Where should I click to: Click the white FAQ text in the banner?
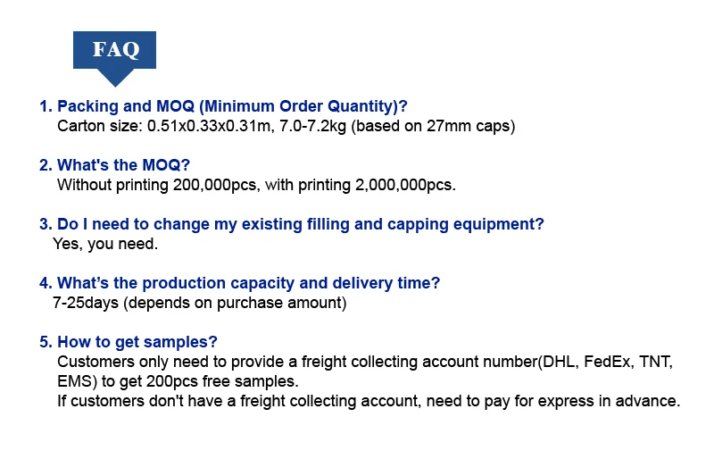(116, 49)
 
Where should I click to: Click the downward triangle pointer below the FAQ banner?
(115, 78)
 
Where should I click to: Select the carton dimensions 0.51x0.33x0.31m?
(209, 126)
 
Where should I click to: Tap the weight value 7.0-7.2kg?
(313, 126)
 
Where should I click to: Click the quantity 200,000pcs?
(216, 185)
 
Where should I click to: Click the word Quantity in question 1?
(362, 106)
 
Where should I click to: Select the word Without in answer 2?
(84, 185)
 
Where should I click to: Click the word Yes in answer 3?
(68, 244)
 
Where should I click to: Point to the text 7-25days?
(86, 303)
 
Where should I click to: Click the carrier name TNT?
(656, 362)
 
